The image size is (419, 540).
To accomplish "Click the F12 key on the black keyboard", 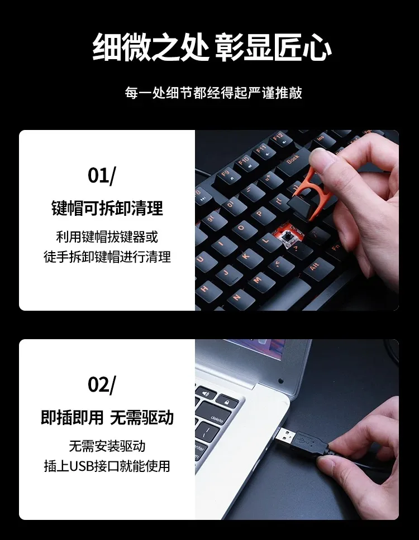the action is (279, 138).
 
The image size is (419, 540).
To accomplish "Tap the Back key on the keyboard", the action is (293, 161).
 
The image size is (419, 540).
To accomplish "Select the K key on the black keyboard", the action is (246, 257).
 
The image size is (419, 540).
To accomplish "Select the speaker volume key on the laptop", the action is (206, 393).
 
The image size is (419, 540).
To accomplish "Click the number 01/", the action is (102, 175).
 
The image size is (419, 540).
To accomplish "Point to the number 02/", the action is (102, 385).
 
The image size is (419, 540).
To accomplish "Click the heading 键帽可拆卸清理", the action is (107, 208).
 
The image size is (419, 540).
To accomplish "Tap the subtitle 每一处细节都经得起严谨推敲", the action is (213, 93).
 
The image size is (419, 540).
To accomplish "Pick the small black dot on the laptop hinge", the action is (280, 381).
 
